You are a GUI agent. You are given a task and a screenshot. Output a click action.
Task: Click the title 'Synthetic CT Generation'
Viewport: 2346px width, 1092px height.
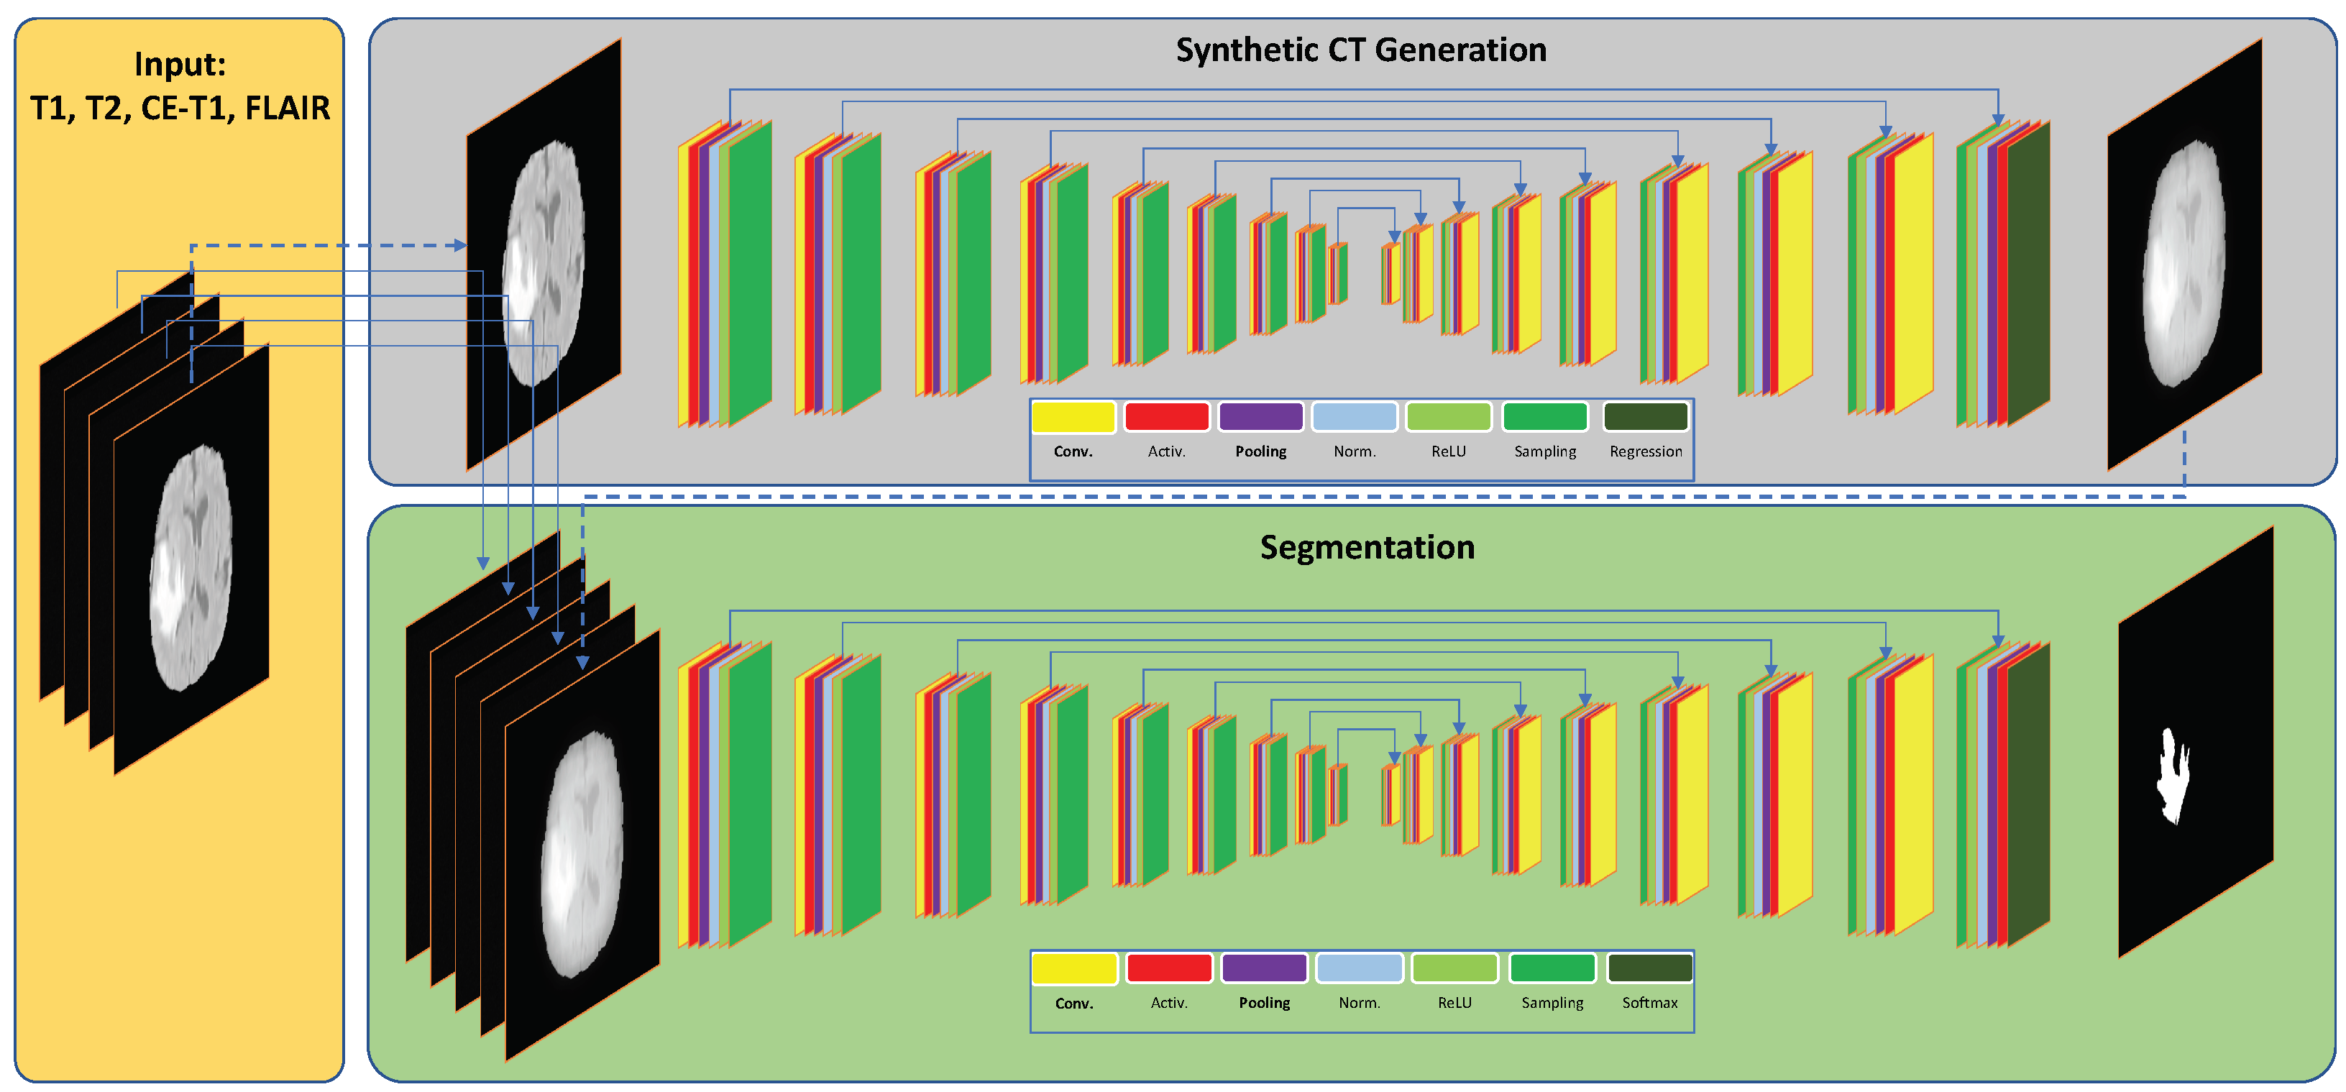click(1360, 50)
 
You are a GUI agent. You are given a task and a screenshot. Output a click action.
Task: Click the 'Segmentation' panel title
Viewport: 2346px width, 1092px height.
click(1367, 547)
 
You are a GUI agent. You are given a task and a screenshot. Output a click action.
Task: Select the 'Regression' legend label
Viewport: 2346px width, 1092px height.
click(1645, 451)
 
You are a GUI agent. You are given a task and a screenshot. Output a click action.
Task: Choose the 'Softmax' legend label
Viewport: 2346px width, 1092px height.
click(1649, 1003)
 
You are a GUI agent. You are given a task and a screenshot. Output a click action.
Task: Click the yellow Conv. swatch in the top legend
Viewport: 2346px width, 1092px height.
click(1073, 417)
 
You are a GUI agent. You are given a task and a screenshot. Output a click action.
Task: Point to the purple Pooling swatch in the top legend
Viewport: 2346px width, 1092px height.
click(1260, 417)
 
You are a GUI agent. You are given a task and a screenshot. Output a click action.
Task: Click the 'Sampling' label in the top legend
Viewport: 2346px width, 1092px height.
click(1544, 451)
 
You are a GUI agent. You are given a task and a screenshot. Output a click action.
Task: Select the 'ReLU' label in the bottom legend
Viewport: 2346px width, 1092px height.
click(1454, 1003)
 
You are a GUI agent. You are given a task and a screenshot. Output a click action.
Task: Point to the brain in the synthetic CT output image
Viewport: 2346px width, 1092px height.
click(2184, 264)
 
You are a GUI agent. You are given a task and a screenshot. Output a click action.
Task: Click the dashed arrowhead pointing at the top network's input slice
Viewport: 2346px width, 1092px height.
click(461, 245)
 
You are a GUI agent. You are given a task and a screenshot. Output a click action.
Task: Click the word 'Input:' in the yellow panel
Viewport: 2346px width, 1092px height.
click(180, 65)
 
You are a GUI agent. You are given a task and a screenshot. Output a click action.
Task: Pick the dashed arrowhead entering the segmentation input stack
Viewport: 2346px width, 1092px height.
click(583, 662)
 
